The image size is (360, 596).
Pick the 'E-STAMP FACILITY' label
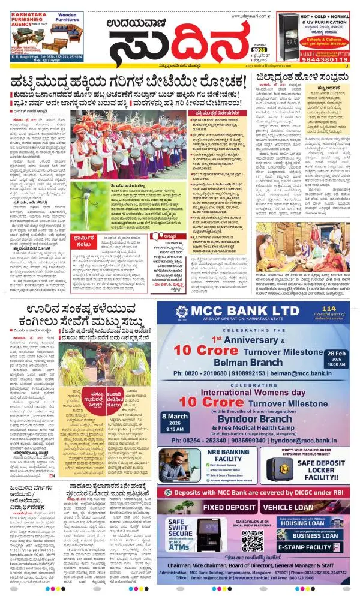311,547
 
